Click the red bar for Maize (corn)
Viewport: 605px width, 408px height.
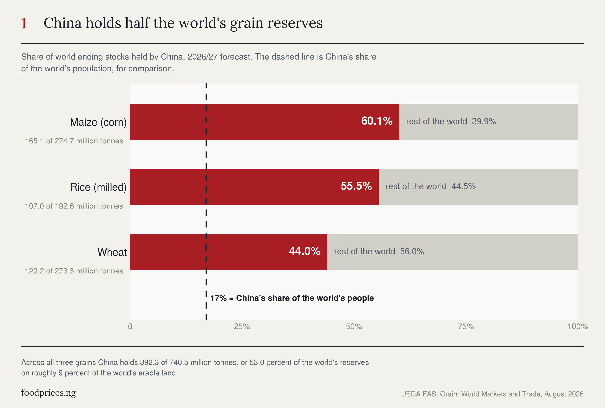click(265, 122)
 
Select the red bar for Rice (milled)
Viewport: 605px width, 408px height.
click(254, 187)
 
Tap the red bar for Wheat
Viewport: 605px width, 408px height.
click(228, 252)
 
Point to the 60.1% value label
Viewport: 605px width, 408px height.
click(377, 121)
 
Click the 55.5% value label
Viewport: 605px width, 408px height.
click(356, 186)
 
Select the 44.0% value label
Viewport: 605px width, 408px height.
click(305, 251)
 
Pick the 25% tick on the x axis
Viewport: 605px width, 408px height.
click(242, 326)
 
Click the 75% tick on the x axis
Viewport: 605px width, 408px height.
click(466, 326)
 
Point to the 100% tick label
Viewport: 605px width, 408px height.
click(578, 326)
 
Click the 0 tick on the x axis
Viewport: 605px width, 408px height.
click(130, 326)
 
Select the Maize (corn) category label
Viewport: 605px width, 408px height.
click(98, 122)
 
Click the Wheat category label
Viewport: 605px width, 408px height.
click(112, 252)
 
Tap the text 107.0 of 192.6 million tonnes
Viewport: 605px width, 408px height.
click(74, 206)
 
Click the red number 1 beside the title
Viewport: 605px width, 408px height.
click(24, 23)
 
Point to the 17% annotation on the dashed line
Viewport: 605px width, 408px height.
click(292, 298)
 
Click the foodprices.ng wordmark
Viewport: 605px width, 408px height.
click(49, 393)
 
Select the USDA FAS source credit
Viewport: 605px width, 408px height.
click(492, 394)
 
